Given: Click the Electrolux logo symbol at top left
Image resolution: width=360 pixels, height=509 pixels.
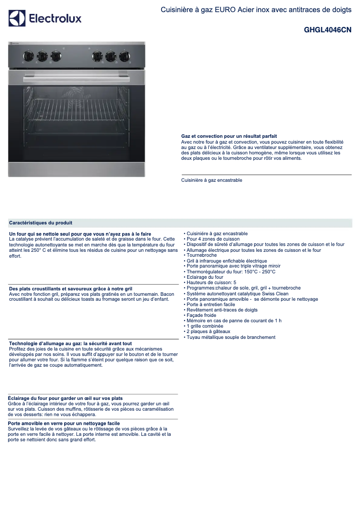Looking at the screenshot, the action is pyautogui.click(x=17, y=18).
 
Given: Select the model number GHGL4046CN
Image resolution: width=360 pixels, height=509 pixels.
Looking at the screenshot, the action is pyautogui.click(x=327, y=31).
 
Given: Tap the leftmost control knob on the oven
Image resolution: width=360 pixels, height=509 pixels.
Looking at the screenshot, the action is pyautogui.click(x=28, y=56).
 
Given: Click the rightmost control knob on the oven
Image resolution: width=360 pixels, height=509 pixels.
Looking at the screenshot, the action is pyautogui.click(x=124, y=56).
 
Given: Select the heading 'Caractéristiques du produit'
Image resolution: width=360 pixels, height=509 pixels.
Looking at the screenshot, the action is pyautogui.click(x=41, y=223).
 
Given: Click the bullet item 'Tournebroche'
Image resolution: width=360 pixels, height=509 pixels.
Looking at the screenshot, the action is pyautogui.click(x=202, y=255).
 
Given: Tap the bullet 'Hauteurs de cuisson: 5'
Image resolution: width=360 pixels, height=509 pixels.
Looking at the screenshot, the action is pyautogui.click(x=211, y=283).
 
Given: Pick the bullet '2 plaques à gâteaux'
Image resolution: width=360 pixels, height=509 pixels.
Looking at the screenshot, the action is pyautogui.click(x=208, y=332).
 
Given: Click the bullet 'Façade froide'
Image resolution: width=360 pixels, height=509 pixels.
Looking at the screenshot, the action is pyautogui.click(x=202, y=316).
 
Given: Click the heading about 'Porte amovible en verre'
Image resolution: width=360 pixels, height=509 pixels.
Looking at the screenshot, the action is pyautogui.click(x=64, y=423).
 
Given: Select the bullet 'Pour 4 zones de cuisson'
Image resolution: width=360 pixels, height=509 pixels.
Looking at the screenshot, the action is pyautogui.click(x=213, y=239).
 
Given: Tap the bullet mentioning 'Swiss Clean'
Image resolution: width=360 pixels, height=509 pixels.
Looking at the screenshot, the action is pyautogui.click(x=237, y=294).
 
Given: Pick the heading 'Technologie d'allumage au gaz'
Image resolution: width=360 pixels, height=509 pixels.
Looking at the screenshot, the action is pyautogui.click(x=70, y=343).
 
